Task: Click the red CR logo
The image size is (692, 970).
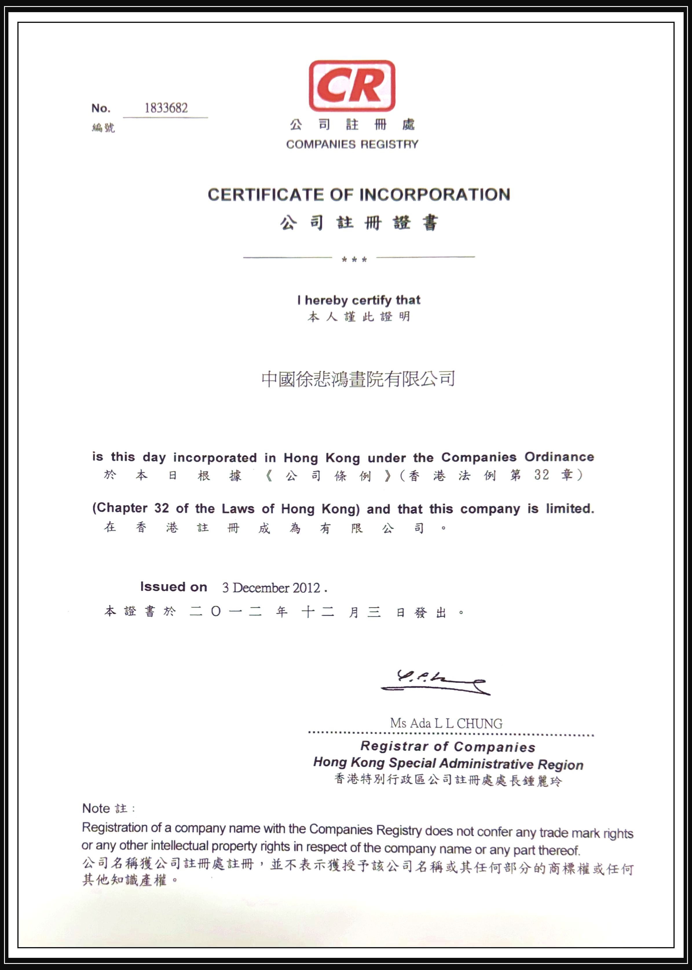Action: coord(352,86)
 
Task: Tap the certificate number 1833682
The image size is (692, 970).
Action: coord(166,108)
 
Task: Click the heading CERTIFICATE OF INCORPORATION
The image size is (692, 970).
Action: coord(359,195)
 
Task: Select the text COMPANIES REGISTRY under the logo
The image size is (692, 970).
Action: coord(352,144)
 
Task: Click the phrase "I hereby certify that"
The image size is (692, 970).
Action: coord(359,300)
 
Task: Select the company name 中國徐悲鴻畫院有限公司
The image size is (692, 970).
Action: coord(358,379)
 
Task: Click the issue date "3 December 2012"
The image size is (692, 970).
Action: coord(271,588)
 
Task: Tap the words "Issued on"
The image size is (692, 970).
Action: coord(174,587)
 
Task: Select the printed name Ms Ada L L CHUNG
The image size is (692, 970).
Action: coord(446,723)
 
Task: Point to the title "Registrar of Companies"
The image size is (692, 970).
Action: coord(448,747)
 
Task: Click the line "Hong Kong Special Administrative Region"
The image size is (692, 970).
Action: coord(448,763)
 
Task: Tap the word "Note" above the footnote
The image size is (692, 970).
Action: coord(96,808)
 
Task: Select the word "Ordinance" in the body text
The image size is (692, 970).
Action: coord(559,457)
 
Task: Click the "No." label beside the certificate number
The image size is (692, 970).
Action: coord(101,108)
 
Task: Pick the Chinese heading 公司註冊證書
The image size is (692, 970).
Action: coord(359,223)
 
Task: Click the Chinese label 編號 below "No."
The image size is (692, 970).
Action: coord(103,127)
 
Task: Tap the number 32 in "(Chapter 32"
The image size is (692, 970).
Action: coord(162,508)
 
